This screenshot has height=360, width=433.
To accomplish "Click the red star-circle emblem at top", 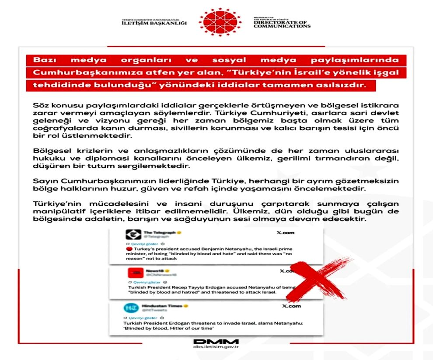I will pos(217,21).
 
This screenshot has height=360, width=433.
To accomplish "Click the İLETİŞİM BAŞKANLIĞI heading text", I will pos(154,23).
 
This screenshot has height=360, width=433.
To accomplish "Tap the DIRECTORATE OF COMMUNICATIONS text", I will pos(282,24).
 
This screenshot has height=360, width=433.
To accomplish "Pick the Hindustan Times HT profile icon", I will pos(130,308).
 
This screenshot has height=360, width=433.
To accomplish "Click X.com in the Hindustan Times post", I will pos(291,306).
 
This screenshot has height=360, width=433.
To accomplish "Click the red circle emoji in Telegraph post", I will pos(128,248).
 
